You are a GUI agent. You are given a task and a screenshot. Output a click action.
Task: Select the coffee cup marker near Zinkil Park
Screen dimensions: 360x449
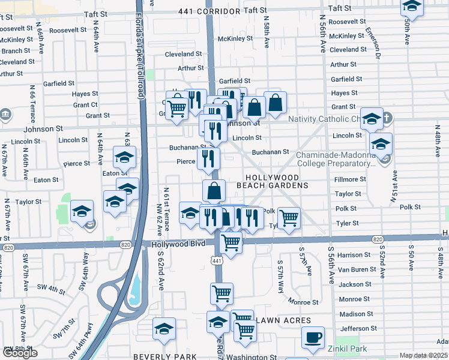pyautogui.click(x=312, y=337)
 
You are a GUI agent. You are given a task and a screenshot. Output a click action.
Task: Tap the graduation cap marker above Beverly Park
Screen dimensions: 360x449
pyautogui.click(x=164, y=329)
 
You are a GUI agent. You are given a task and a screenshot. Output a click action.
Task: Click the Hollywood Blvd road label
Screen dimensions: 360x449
pyautogui.click(x=174, y=244)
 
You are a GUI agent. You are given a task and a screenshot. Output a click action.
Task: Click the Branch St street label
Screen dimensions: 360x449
pyautogui.click(x=11, y=51)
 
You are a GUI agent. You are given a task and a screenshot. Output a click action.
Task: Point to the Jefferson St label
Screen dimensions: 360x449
pyautogui.click(x=358, y=328)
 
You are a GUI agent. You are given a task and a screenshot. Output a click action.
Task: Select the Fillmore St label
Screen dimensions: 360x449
pyautogui.click(x=350, y=179)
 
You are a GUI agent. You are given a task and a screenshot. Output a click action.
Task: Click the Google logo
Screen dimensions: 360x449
pyautogui.click(x=20, y=353)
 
